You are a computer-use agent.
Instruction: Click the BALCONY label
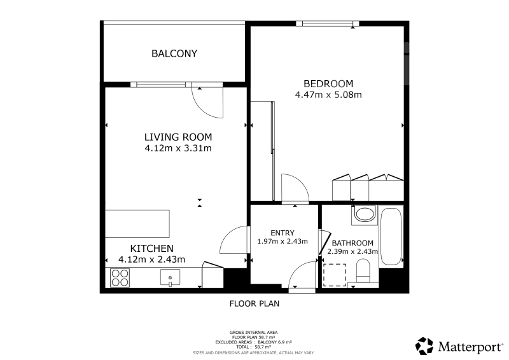[174, 53]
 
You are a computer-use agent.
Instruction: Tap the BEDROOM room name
[328, 84]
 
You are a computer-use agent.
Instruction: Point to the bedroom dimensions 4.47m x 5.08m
[328, 95]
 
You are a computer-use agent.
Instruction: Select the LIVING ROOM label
[178, 137]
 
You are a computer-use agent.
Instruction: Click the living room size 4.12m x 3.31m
[178, 148]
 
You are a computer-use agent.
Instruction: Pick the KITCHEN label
[151, 248]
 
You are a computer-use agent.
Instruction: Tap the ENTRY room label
[282, 233]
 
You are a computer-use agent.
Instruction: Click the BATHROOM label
[352, 243]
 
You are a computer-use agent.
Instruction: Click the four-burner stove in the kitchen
[120, 278]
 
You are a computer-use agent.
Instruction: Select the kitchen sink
[170, 277]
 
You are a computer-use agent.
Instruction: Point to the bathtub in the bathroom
[391, 237]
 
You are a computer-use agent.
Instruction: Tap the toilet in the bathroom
[363, 270]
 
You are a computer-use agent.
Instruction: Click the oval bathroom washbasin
[364, 214]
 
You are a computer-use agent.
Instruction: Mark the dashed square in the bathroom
[335, 275]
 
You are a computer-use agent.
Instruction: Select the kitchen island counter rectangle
[137, 224]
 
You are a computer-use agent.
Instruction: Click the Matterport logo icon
[424, 346]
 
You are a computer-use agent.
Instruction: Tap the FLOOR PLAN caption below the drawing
[254, 303]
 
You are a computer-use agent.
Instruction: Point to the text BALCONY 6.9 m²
[275, 342]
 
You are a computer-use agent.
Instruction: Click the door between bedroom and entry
[295, 189]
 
